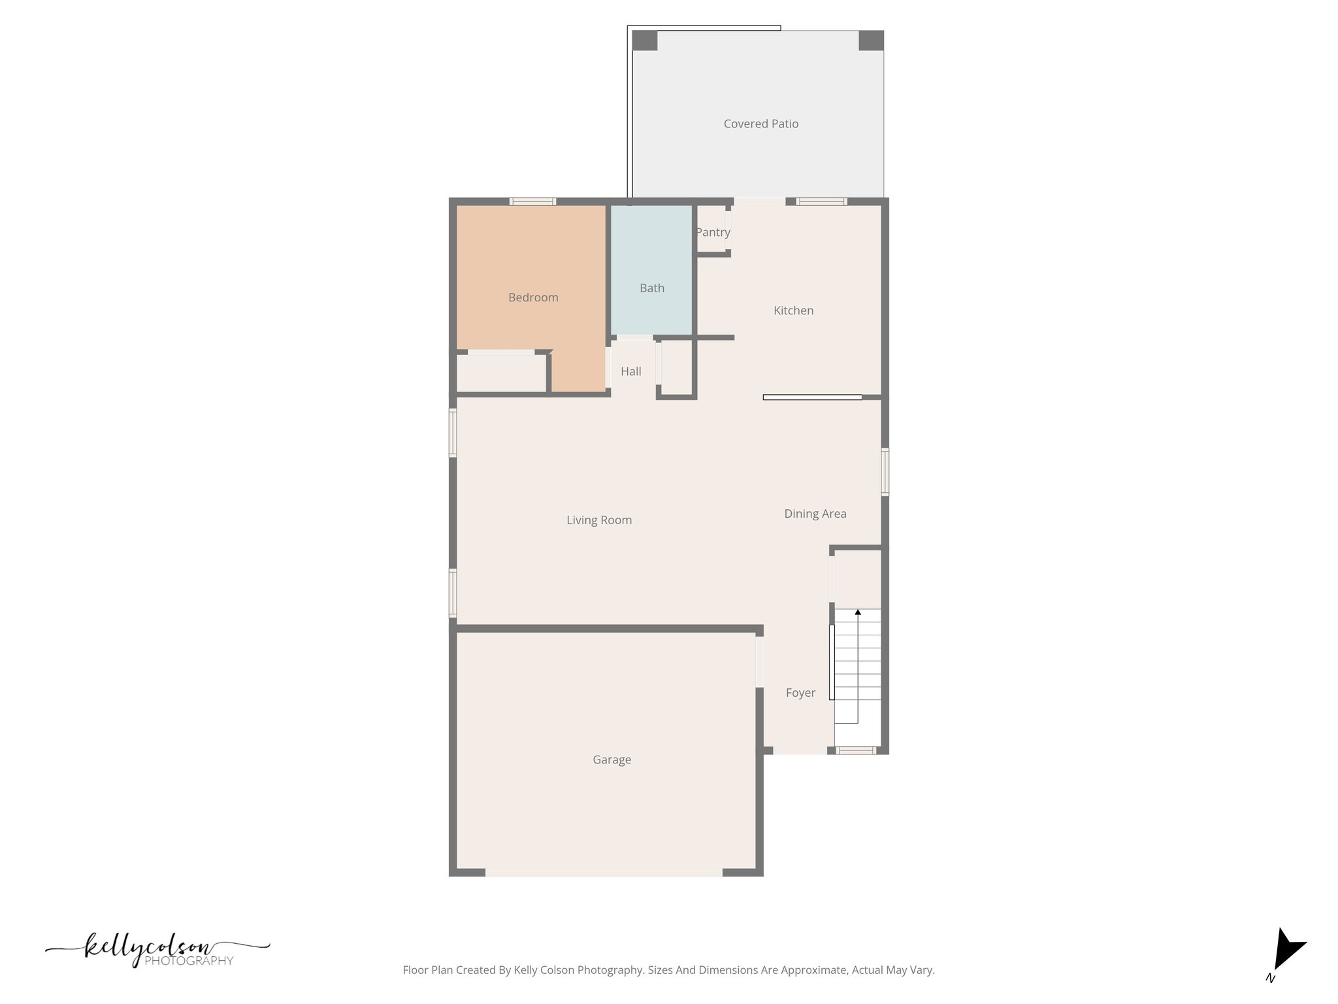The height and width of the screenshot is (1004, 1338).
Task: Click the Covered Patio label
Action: click(760, 124)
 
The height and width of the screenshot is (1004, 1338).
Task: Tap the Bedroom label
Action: click(533, 297)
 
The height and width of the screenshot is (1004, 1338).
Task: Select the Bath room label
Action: click(651, 288)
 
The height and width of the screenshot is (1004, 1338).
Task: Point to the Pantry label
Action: click(712, 232)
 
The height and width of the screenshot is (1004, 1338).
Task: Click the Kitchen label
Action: click(793, 310)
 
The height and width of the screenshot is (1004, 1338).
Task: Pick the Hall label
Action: click(630, 371)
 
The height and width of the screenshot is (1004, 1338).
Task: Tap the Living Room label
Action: click(598, 520)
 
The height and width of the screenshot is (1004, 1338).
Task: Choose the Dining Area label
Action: click(815, 514)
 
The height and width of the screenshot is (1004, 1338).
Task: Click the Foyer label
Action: click(800, 693)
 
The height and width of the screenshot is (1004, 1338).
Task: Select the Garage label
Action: click(612, 760)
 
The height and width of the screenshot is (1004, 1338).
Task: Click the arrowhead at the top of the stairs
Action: click(858, 612)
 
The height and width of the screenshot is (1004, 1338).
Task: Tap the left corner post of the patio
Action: click(644, 41)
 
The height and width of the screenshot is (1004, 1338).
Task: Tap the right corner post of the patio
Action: click(870, 41)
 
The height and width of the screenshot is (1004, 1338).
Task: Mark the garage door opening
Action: click(604, 872)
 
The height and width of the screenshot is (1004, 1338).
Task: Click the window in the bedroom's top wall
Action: click(532, 201)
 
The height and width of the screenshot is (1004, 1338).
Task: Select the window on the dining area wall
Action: click(885, 471)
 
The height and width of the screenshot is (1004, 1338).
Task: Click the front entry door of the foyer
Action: click(800, 750)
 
